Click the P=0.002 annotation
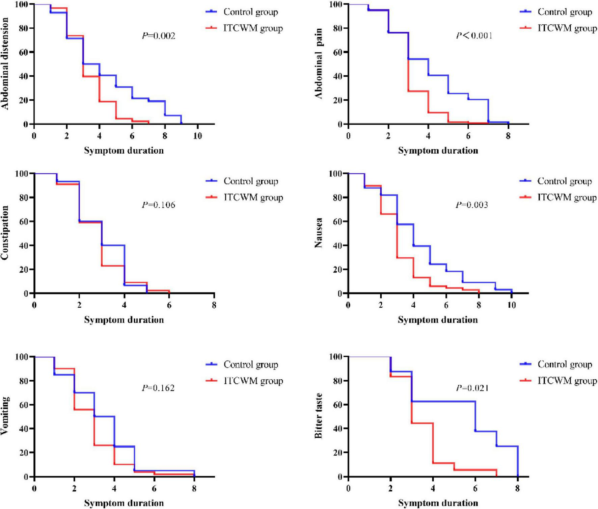coord(158,36)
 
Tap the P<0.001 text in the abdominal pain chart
coord(474,35)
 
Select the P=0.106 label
coord(158,205)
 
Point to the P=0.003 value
coord(472,205)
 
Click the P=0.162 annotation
coord(158,388)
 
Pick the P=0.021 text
coord(472,388)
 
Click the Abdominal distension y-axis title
coord(5,63)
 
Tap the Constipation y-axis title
coord(5,233)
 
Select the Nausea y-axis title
coord(319,233)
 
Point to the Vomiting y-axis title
coord(5,416)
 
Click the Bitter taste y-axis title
coord(319,416)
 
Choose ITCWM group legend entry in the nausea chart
coord(567,197)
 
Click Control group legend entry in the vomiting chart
coord(251,364)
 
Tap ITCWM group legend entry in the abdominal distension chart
coord(253,28)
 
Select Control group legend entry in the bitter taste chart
coord(565,364)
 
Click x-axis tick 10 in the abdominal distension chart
coord(197,136)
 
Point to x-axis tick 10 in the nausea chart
coord(512,305)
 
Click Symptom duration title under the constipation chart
coord(124,320)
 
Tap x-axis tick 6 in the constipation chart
coord(169,305)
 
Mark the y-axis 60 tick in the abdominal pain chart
coord(338,52)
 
